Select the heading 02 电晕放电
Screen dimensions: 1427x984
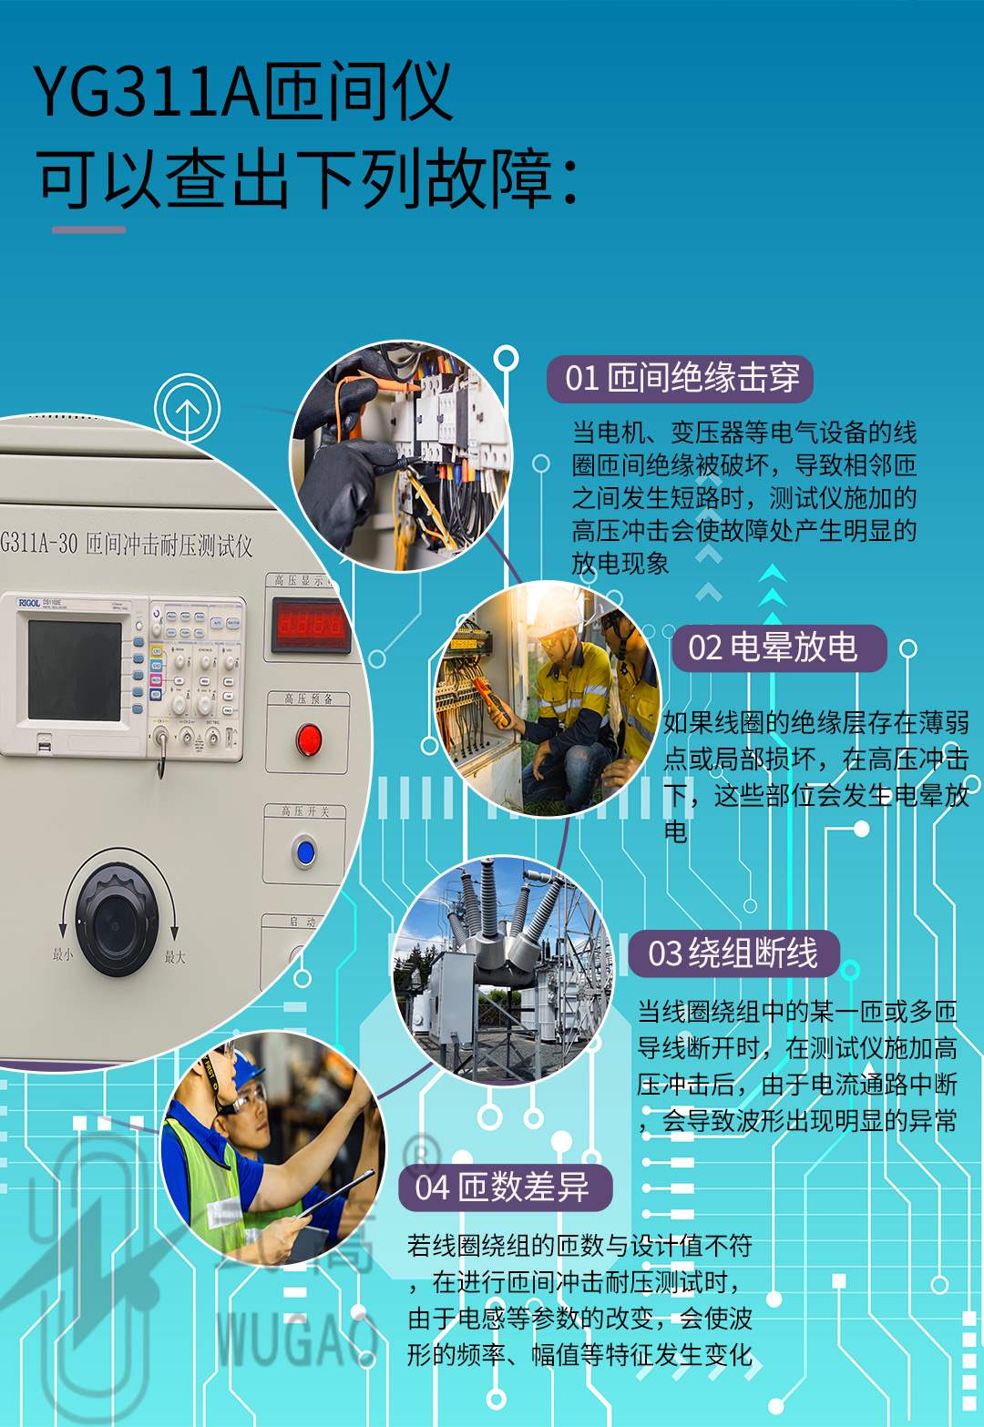[774, 647]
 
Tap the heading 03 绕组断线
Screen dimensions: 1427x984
[733, 953]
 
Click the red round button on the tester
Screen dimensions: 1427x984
[309, 740]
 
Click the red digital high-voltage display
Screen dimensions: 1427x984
[311, 625]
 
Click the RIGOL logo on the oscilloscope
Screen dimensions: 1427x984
[30, 603]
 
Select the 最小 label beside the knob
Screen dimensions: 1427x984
[62, 955]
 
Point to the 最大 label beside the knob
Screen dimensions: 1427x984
[175, 957]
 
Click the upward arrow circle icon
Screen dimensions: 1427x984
[187, 410]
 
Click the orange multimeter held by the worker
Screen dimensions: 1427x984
[493, 702]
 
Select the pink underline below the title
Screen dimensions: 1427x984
[88, 229]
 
